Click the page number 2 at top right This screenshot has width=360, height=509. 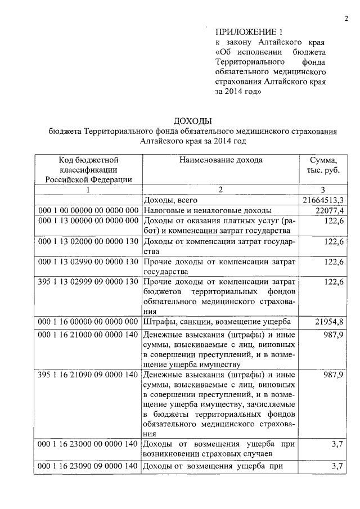[x=346, y=19]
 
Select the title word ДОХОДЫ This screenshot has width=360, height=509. [x=193, y=121]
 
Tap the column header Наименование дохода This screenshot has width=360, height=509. [x=220, y=160]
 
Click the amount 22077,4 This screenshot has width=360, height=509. [x=328, y=210]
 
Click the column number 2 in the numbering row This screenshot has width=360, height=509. [x=220, y=190]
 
